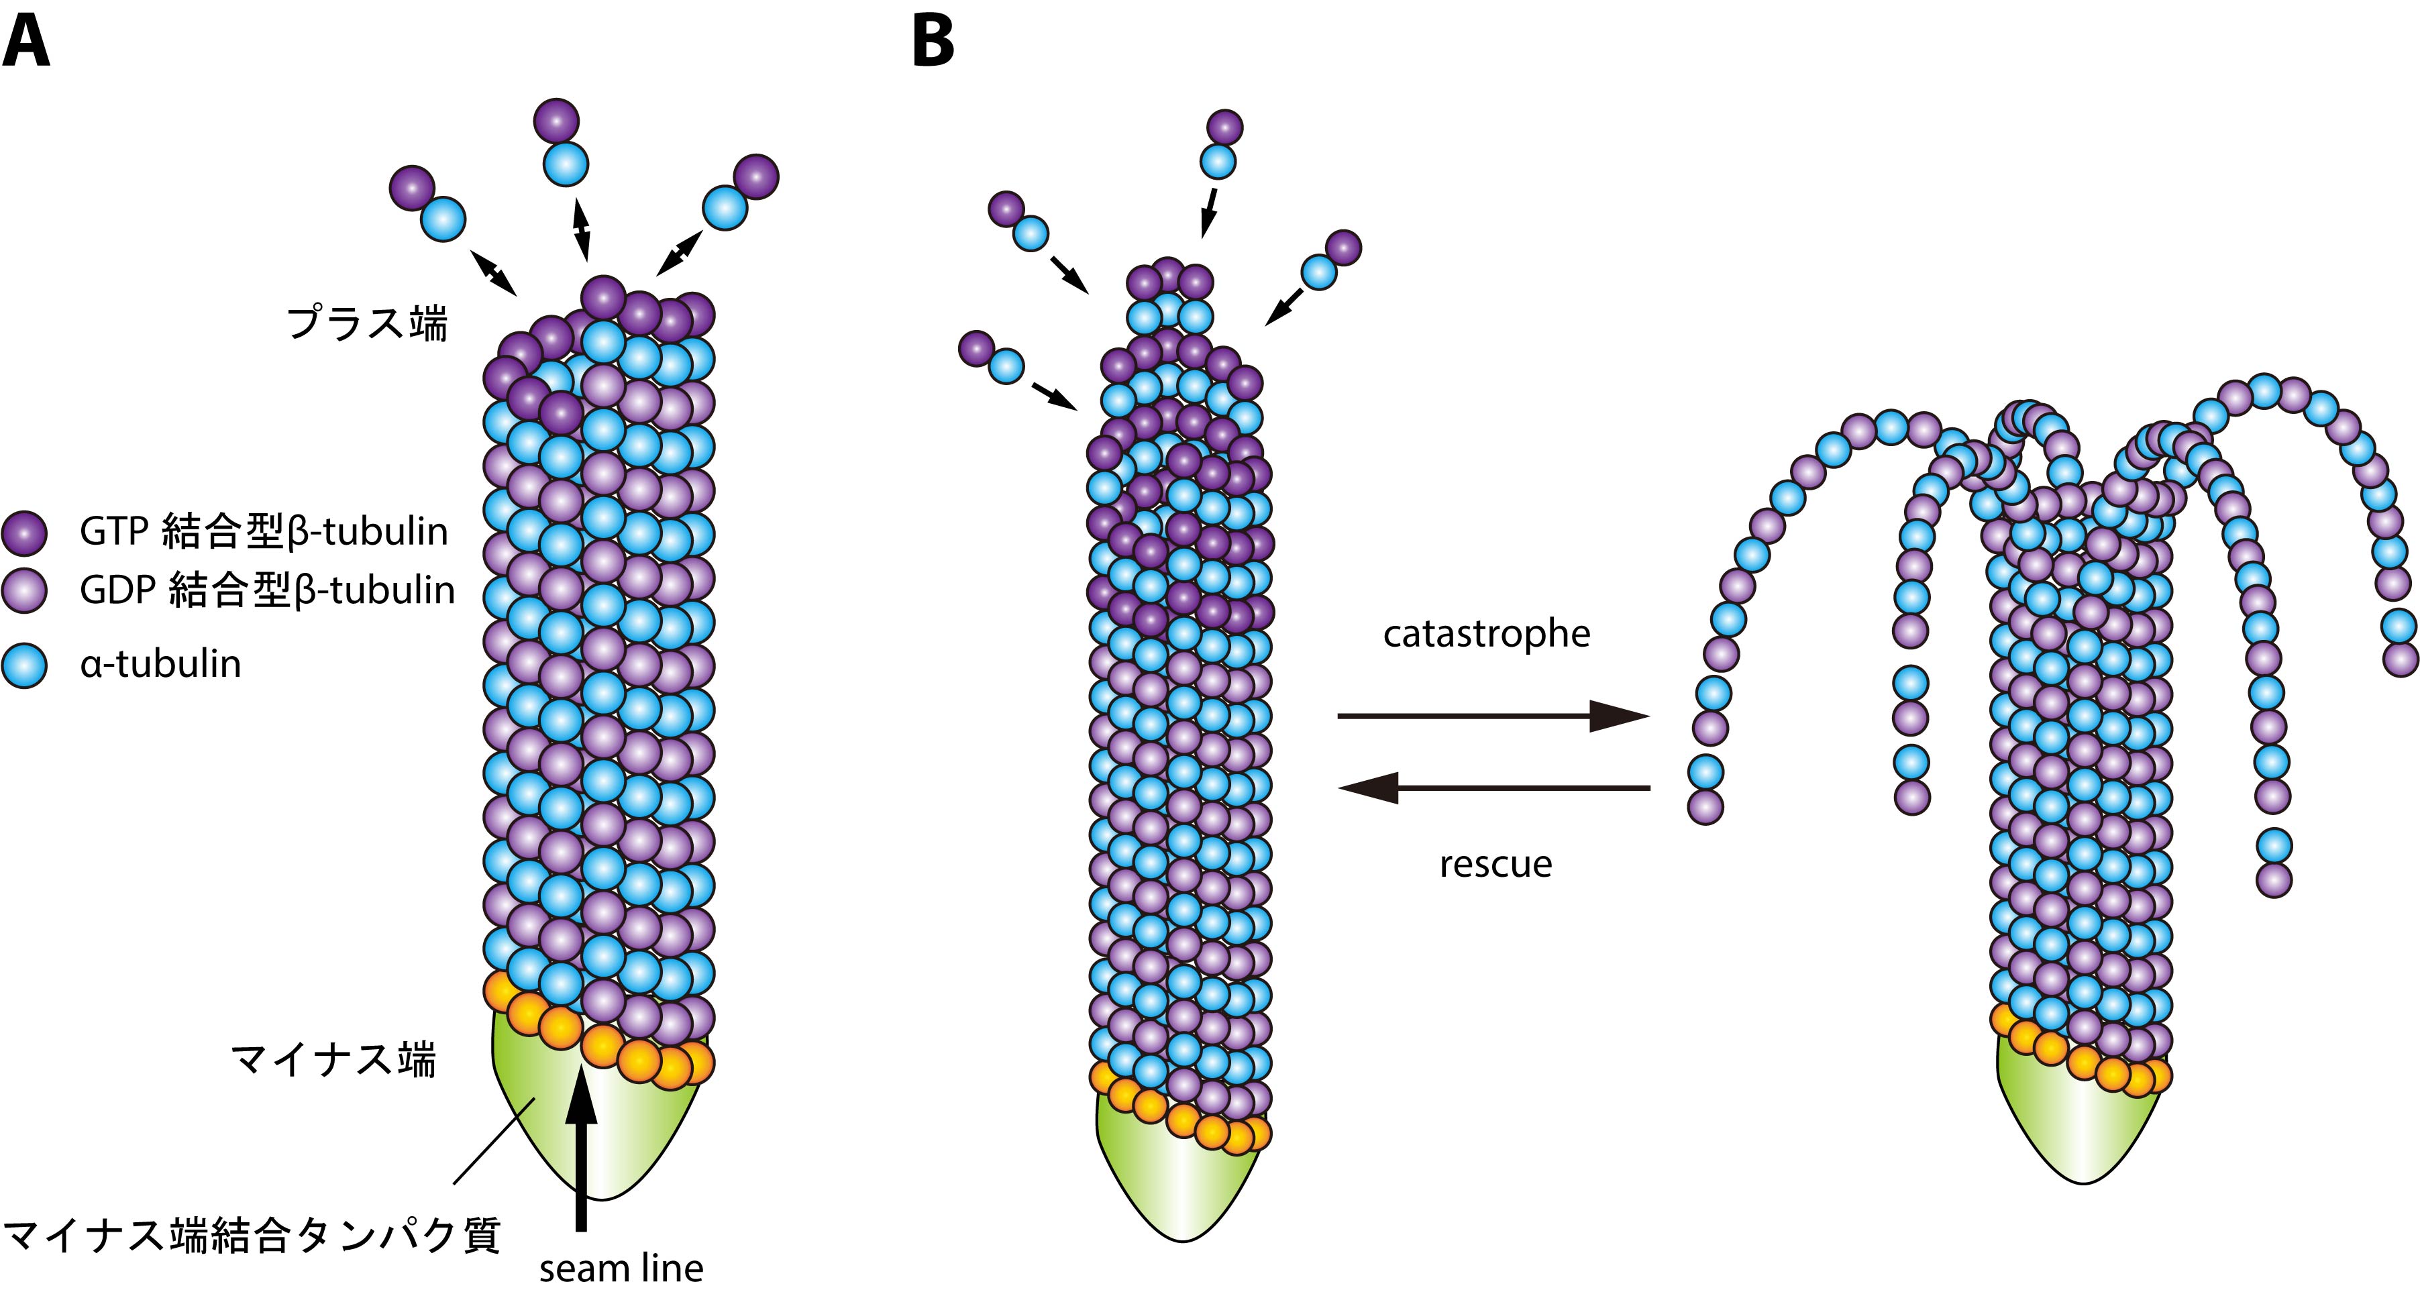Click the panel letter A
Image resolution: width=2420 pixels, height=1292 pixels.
click(x=25, y=42)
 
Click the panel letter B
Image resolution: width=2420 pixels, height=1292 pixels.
click(x=933, y=42)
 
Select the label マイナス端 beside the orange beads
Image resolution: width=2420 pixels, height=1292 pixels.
click(x=333, y=1060)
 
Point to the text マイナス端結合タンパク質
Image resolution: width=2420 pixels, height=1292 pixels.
click(x=252, y=1236)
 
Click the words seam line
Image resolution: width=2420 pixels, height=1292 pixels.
click(x=621, y=1269)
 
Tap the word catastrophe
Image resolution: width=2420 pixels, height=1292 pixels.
click(x=1486, y=634)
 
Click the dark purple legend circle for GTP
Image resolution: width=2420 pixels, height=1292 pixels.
click(x=23, y=533)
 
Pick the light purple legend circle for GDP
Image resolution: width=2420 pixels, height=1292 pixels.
click(x=23, y=591)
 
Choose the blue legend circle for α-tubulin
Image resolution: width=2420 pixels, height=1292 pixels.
click(x=23, y=665)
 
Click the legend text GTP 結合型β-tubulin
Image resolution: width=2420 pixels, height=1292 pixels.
click(x=264, y=532)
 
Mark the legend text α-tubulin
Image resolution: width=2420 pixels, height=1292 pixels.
click(x=160, y=664)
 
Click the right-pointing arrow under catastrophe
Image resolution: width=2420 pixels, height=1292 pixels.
click(x=1493, y=716)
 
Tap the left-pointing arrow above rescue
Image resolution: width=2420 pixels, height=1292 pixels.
click(x=1493, y=788)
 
